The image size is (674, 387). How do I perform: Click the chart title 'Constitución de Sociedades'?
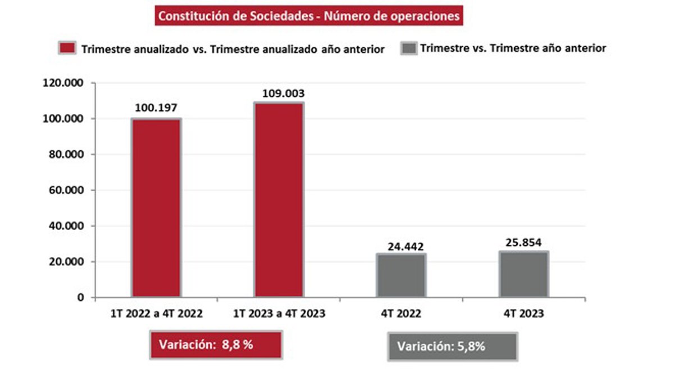(x=308, y=16)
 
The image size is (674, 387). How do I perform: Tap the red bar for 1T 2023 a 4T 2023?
(x=279, y=199)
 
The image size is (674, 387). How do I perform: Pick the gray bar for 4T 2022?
(x=401, y=275)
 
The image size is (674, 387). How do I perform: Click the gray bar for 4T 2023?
(x=523, y=274)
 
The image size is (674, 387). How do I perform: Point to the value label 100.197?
(x=156, y=107)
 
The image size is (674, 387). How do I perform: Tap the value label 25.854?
(x=523, y=243)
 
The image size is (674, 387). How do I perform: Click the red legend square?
(x=67, y=48)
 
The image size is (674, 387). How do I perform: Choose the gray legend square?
(x=408, y=48)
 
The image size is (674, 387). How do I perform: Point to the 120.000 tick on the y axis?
(x=63, y=83)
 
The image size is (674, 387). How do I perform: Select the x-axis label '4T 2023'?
(x=523, y=314)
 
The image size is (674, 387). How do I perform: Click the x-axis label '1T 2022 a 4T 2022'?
(x=157, y=314)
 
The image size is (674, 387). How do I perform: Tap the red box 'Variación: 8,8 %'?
(x=216, y=345)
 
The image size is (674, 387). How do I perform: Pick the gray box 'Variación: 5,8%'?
(x=452, y=346)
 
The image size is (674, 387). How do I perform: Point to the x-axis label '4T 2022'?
(x=401, y=314)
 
